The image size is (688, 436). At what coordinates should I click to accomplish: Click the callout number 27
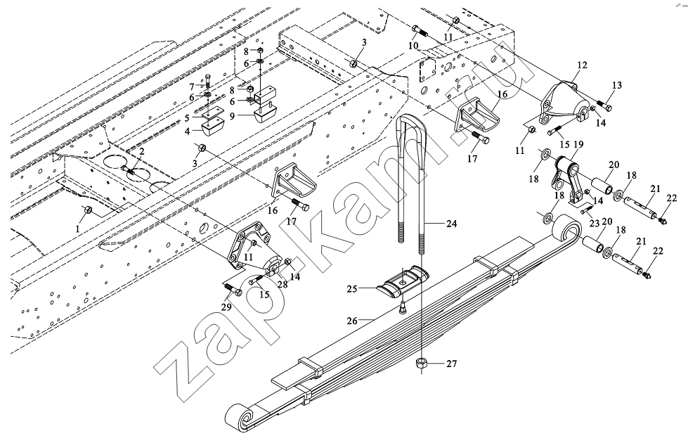[451, 364]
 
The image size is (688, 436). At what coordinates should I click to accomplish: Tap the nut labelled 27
[422, 364]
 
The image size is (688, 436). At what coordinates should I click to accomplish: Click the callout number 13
[616, 85]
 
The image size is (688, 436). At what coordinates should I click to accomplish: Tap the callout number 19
[578, 146]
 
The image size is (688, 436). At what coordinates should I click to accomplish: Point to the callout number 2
[141, 151]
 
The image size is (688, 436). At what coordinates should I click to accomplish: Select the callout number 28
[282, 283]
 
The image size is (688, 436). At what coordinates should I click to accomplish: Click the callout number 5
[188, 117]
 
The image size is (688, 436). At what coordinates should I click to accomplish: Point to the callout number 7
[191, 85]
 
